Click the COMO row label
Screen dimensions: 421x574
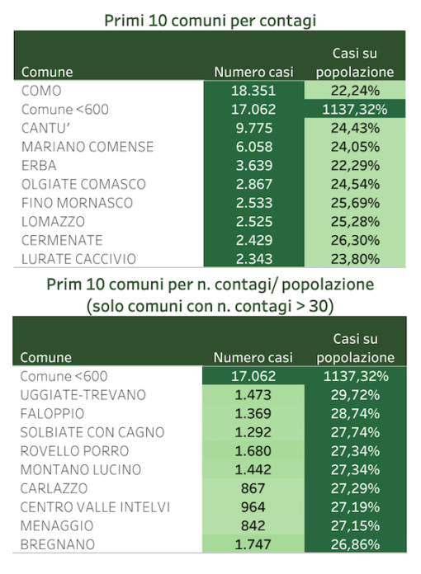coord(41,91)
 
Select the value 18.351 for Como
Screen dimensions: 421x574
coord(253,91)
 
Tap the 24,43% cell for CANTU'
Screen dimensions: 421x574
coord(355,128)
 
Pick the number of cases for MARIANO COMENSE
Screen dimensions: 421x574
coord(254,147)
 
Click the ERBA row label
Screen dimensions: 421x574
coord(39,165)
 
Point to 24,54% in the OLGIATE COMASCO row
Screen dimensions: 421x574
coord(355,184)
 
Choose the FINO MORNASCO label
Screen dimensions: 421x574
coord(77,202)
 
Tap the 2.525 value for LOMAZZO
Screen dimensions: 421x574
coord(254,221)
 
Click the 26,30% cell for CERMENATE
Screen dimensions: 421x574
coord(355,240)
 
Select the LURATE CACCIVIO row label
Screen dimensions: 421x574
coord(78,258)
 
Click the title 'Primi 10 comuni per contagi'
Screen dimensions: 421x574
coord(210,21)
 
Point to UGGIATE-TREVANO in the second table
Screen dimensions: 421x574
coord(83,394)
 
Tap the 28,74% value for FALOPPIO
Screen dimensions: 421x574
coord(355,413)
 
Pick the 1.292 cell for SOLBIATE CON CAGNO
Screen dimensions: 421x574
coord(253,432)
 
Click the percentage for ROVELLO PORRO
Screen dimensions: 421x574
coord(355,450)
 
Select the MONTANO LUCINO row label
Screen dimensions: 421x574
coord(81,469)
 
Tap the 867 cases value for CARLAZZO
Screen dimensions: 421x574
coord(253,488)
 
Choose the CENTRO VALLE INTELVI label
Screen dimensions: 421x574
coord(95,506)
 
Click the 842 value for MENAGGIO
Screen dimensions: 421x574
coord(253,525)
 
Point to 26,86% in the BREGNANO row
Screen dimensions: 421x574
coord(355,544)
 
